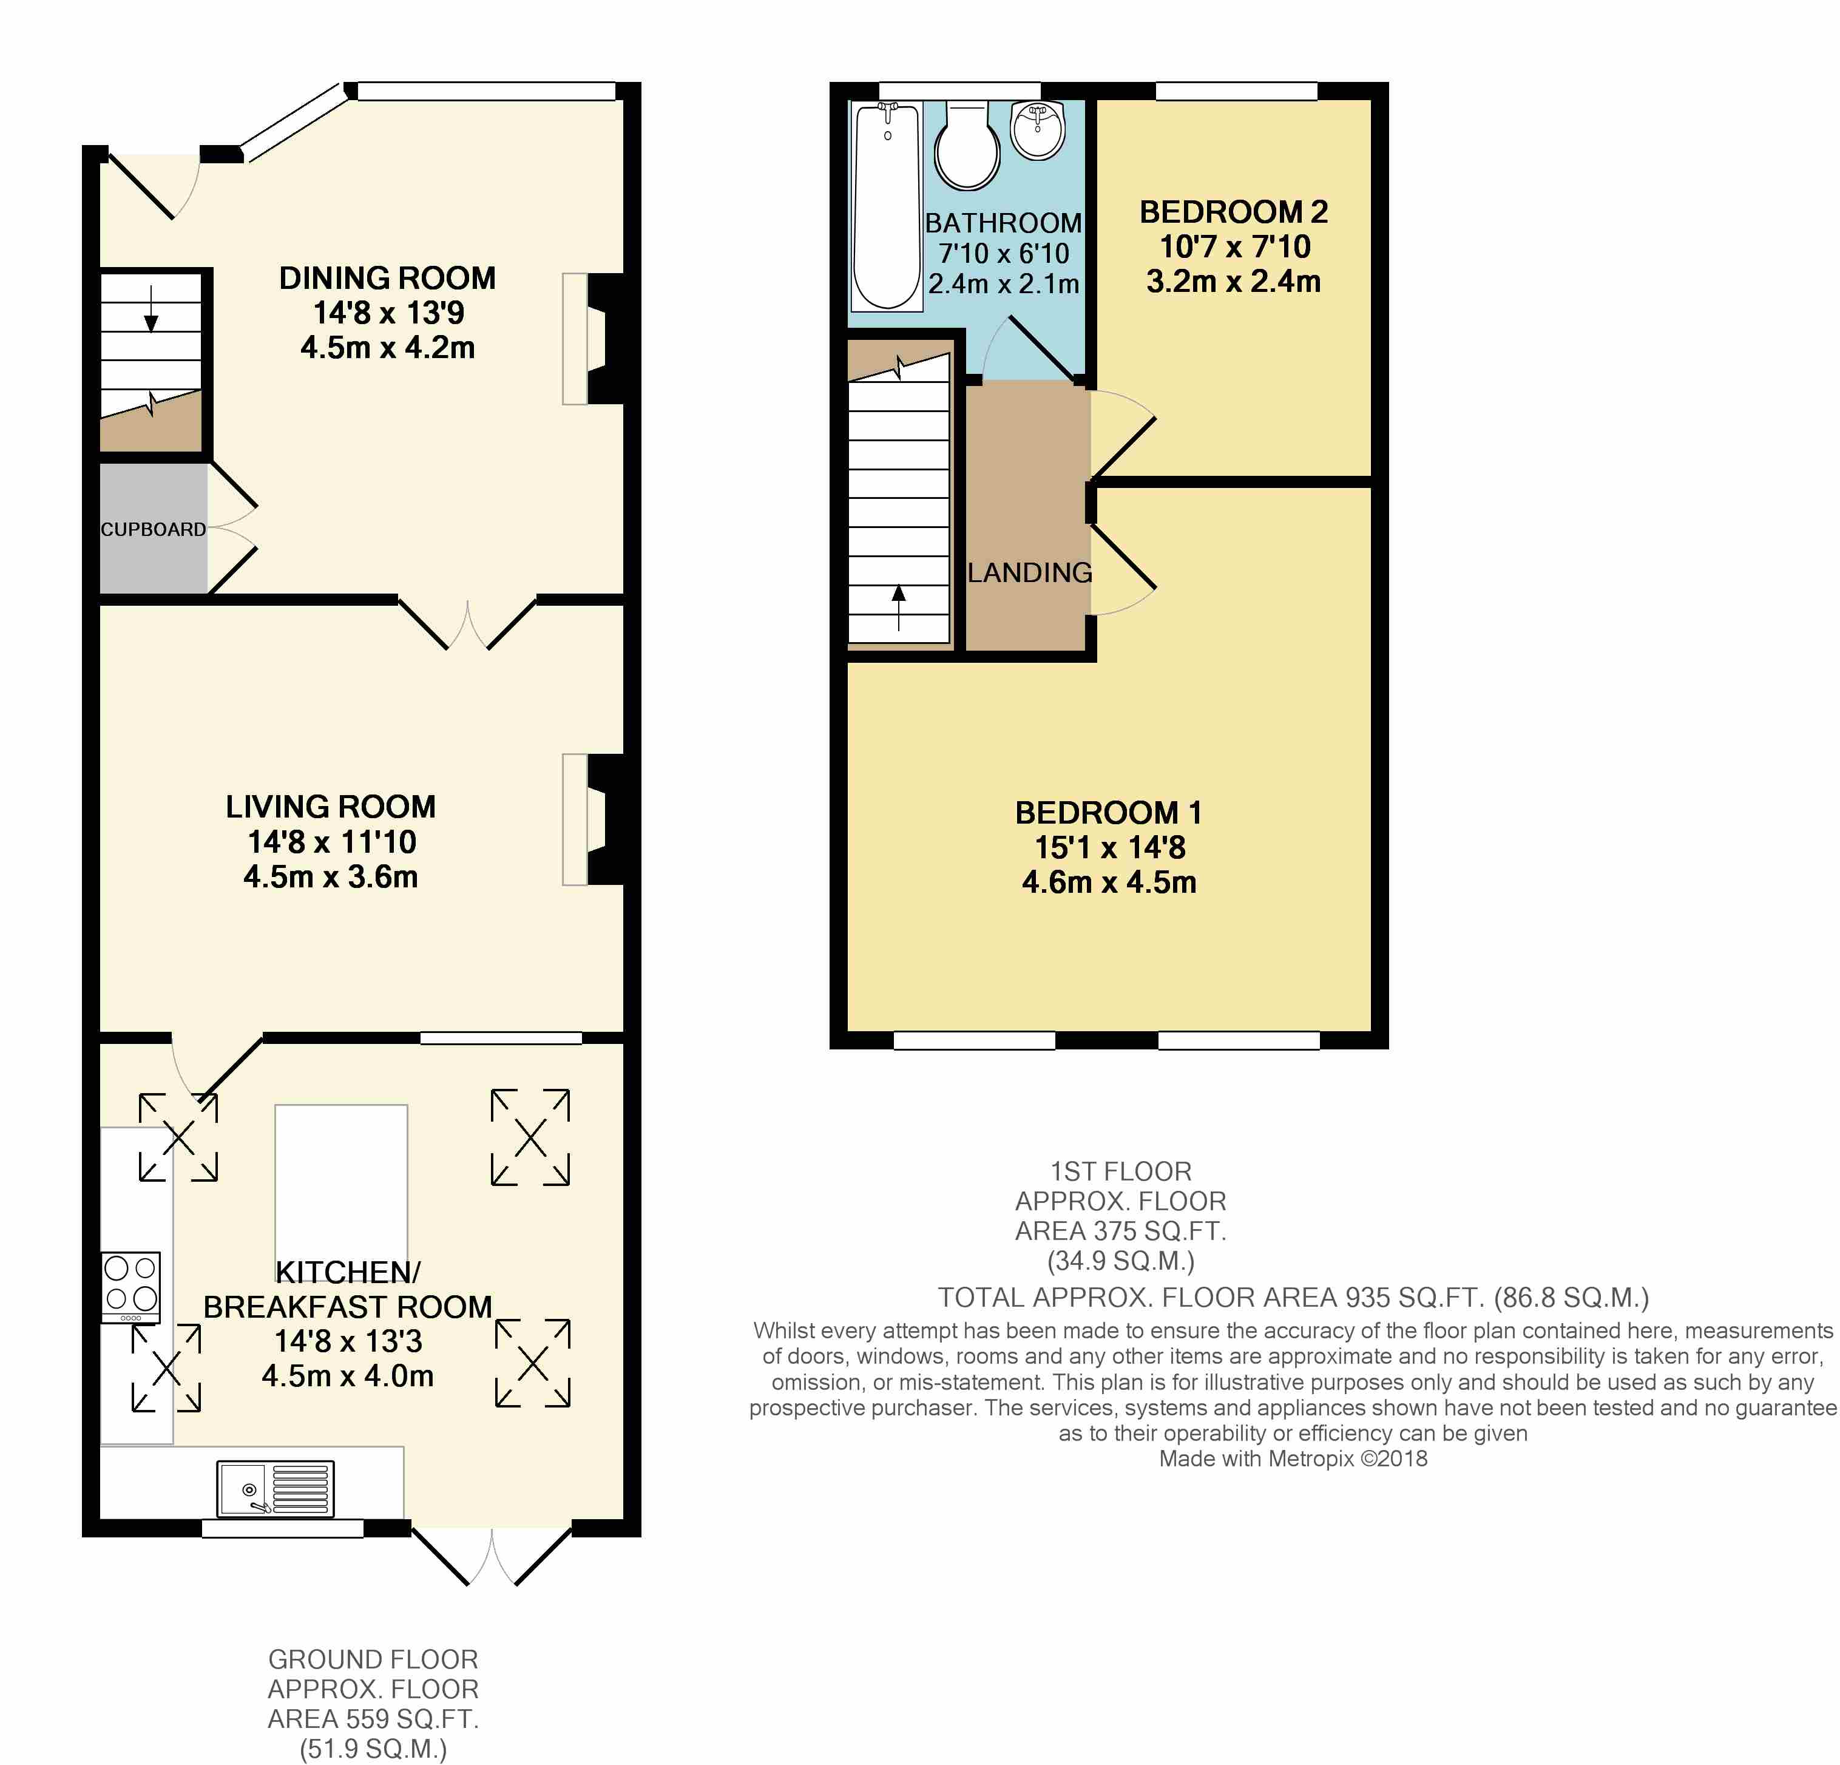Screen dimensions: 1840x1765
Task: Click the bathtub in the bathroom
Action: click(886, 206)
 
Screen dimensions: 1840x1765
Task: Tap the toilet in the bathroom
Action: click(967, 146)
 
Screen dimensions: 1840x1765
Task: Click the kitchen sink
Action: click(275, 1488)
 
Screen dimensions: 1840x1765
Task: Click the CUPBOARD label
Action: click(153, 529)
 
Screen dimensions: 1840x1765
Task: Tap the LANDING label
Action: click(1030, 573)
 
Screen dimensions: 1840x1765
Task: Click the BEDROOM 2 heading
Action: click(1234, 212)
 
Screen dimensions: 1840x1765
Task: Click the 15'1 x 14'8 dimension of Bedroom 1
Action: click(1109, 848)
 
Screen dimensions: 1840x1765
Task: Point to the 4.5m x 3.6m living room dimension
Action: click(331, 877)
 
